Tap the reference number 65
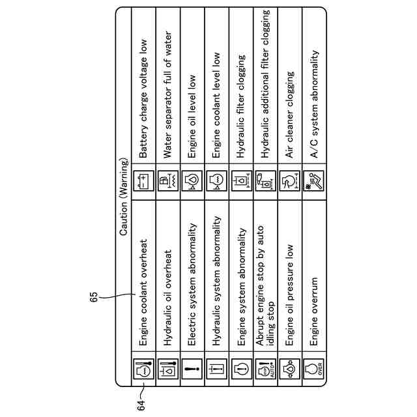click(95, 296)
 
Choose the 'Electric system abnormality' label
click(192, 283)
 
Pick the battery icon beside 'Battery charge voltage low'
click(144, 180)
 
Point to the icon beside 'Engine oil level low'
click(192, 180)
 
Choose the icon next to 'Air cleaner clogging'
click(289, 180)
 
